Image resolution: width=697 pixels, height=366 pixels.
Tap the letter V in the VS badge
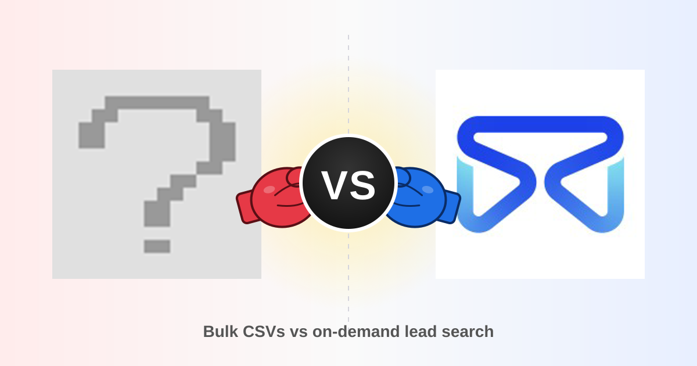[x=334, y=185]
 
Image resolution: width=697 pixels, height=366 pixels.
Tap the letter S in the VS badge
[x=362, y=185]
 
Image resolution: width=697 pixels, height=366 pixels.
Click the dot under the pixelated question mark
[x=157, y=246]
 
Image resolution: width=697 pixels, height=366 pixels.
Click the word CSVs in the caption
[x=264, y=331]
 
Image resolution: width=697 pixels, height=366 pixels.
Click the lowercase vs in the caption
[x=299, y=332]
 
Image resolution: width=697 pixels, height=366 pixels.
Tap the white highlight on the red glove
[x=269, y=189]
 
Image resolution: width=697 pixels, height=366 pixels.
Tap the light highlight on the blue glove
[x=427, y=189]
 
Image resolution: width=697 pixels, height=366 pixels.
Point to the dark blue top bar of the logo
[x=540, y=124]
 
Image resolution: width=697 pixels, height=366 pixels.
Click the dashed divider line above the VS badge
[x=348, y=84]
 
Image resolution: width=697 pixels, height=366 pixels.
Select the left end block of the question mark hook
[x=92, y=135]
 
